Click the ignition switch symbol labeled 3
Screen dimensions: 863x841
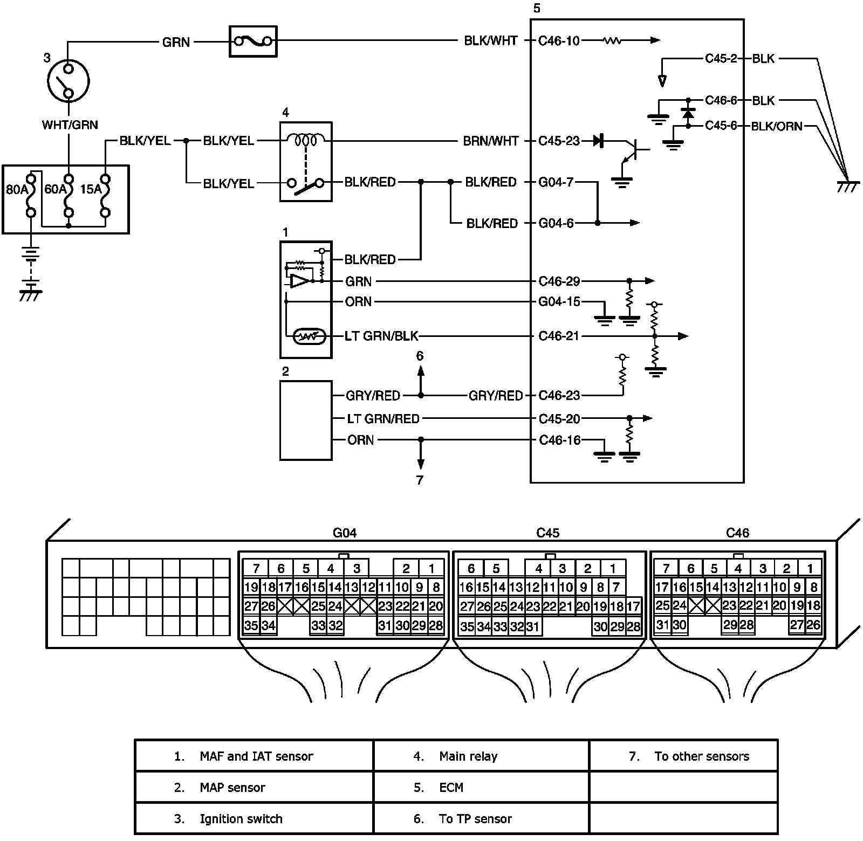coord(69,81)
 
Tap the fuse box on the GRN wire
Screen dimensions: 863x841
coord(253,41)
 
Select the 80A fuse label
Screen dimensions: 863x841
coord(16,189)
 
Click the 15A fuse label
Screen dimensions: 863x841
coord(91,189)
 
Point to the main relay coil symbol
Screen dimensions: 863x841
coord(306,141)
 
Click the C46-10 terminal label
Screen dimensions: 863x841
coord(559,41)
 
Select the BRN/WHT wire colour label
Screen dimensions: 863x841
coord(491,141)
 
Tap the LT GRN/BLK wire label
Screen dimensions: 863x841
coord(382,336)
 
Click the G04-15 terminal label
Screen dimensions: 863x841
coord(559,302)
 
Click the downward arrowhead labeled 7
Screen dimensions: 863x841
coord(421,464)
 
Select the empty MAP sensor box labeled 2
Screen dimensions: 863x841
coord(306,420)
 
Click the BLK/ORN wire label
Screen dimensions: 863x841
coord(777,126)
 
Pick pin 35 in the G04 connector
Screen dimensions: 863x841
coord(251,626)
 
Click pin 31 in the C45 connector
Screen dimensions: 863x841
coord(533,626)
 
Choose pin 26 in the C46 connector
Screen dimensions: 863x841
coord(813,625)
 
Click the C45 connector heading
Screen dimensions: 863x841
coord(547,533)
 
